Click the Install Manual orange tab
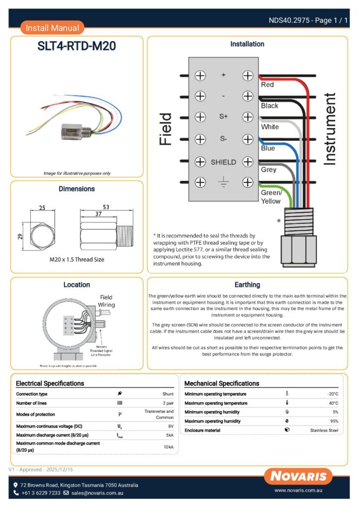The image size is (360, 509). (x=52, y=28)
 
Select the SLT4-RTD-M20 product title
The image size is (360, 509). (x=77, y=46)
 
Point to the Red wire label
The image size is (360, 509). (x=268, y=85)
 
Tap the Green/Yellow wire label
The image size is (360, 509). (x=271, y=197)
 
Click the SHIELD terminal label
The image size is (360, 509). (x=223, y=162)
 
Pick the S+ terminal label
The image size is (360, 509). (x=223, y=117)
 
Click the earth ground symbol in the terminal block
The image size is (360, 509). (x=223, y=182)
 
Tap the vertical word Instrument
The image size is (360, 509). (x=330, y=129)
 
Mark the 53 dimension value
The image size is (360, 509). (x=105, y=207)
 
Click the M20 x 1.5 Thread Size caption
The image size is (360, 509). (x=77, y=259)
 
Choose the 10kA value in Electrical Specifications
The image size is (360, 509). (x=169, y=447)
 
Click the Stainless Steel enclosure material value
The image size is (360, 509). (x=324, y=430)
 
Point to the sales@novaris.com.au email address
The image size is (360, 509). (x=97, y=493)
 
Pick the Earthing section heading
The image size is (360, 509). (x=247, y=285)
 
